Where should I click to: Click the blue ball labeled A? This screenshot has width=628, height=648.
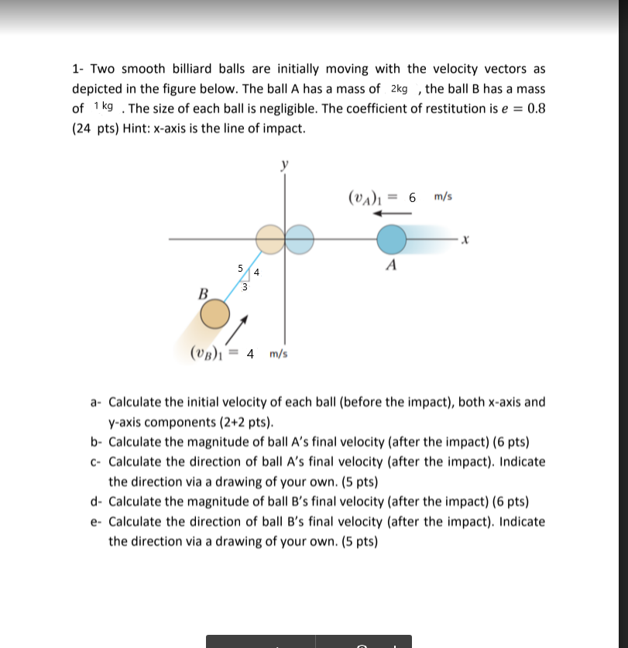click(x=392, y=239)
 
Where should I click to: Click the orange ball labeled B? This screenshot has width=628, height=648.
click(x=214, y=315)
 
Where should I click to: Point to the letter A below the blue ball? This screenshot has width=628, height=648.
click(x=392, y=266)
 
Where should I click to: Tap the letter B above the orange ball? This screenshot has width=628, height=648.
click(x=204, y=293)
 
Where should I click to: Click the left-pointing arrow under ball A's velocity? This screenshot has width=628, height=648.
click(x=393, y=215)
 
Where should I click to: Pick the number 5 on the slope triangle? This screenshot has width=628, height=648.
click(x=241, y=269)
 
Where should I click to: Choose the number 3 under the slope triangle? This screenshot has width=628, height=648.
click(x=245, y=287)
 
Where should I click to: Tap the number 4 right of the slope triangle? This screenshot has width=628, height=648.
click(x=256, y=273)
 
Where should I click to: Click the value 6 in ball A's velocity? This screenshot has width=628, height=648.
click(x=413, y=197)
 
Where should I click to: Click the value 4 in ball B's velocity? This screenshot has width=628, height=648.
click(x=249, y=354)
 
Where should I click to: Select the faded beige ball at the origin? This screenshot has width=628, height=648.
click(x=270, y=239)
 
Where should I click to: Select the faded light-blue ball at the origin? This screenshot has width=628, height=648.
click(x=299, y=239)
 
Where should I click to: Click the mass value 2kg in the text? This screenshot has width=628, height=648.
click(x=400, y=89)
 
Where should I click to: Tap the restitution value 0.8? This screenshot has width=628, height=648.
click(x=536, y=108)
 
